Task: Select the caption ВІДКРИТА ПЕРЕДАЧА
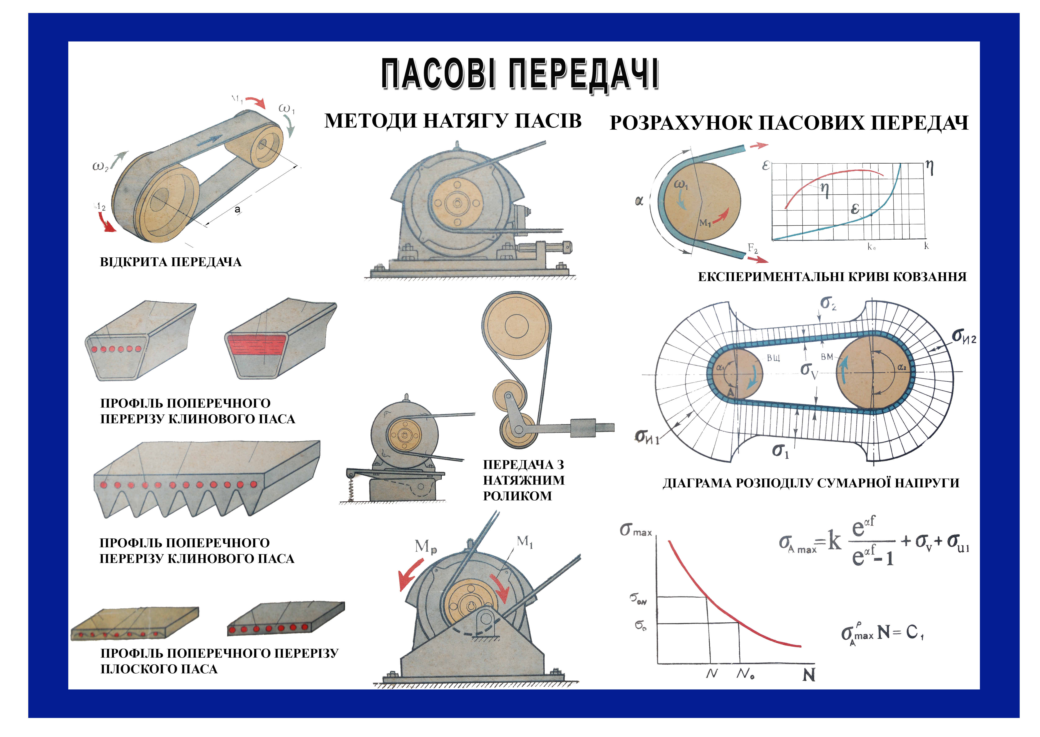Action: (x=171, y=262)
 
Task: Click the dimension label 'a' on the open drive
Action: (x=237, y=209)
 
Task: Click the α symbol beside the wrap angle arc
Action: (x=639, y=201)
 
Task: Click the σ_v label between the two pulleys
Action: (x=809, y=370)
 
